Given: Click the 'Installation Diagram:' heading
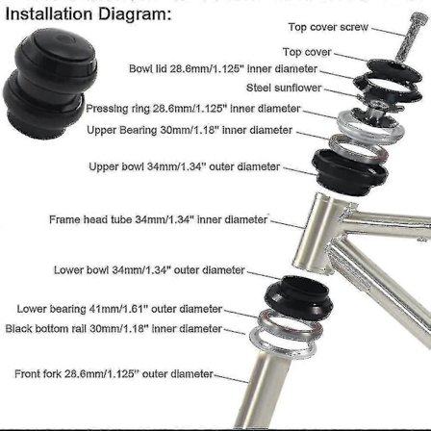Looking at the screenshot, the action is tap(89, 14).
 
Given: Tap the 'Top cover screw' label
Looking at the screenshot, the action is tap(328, 27).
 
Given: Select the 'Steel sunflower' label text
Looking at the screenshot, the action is tap(284, 88).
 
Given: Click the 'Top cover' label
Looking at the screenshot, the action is tap(307, 52).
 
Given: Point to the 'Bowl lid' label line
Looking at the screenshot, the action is tap(223, 69).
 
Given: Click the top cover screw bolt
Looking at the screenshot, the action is tap(410, 36).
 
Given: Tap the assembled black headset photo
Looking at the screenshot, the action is tap(49, 84).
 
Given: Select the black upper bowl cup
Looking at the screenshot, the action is tap(350, 173).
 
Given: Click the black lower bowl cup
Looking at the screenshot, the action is tap(299, 296).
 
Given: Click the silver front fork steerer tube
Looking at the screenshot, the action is tap(262, 390).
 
